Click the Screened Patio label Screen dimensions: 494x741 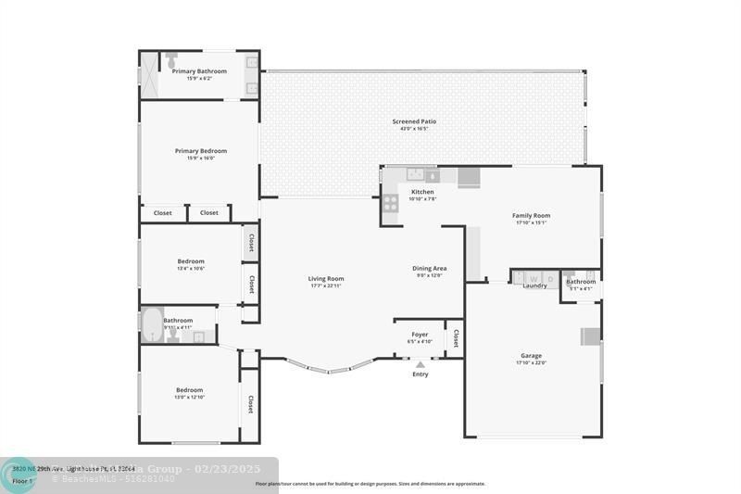414,121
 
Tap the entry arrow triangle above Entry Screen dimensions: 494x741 420,364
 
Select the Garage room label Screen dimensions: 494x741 531,355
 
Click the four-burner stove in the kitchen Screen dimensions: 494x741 391,202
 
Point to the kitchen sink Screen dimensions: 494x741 416,173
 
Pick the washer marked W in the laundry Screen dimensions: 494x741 534,277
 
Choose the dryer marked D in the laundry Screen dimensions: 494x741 549,277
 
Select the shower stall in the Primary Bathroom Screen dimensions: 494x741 148,74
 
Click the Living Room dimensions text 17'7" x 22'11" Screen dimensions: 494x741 326,286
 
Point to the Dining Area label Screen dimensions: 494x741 429,269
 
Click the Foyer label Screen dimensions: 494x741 420,335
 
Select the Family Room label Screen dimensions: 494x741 531,216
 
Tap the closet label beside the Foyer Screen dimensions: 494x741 455,338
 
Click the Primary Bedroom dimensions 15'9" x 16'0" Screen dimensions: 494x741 201,158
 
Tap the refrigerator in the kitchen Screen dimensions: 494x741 469,176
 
